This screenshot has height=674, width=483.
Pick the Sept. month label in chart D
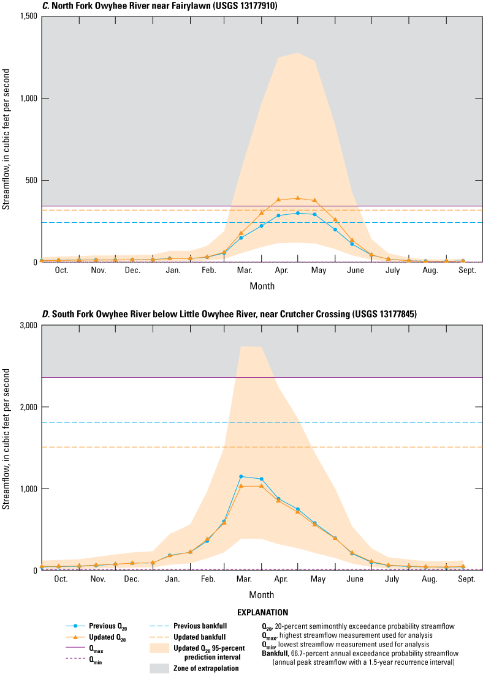pyautogui.click(x=466, y=579)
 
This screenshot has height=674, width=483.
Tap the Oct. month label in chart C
pyautogui.click(x=61, y=271)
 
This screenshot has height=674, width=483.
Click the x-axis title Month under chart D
pyautogui.click(x=262, y=594)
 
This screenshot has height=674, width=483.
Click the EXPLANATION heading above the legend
pyautogui.click(x=262, y=612)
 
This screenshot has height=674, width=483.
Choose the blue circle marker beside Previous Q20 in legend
pyautogui.click(x=75, y=626)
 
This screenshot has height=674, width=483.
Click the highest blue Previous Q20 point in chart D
pyautogui.click(x=241, y=476)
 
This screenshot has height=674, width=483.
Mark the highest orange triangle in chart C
pyautogui.click(x=298, y=198)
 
